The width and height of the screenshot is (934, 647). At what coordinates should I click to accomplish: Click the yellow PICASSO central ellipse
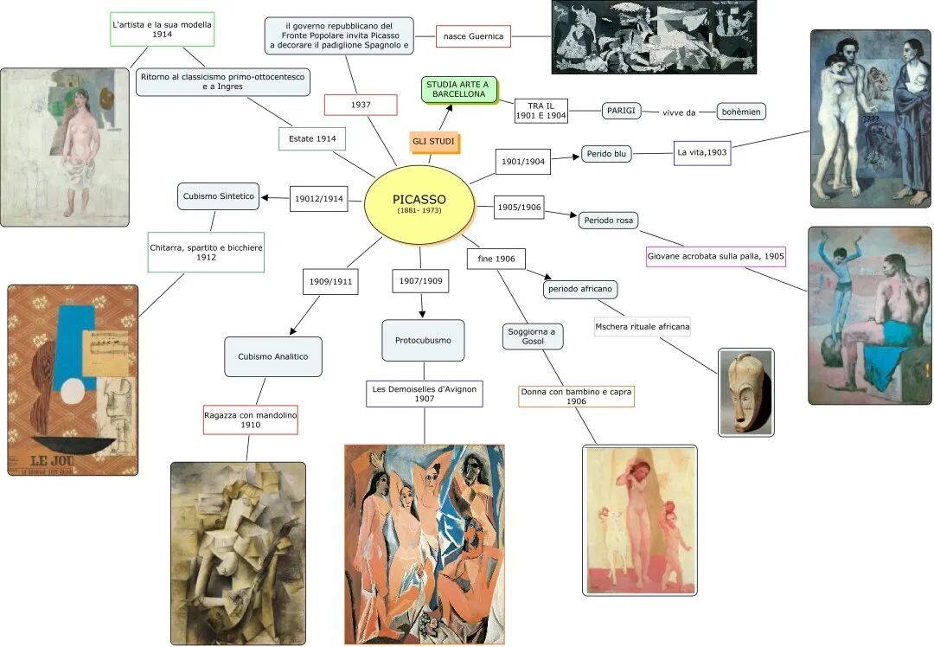pyautogui.click(x=419, y=205)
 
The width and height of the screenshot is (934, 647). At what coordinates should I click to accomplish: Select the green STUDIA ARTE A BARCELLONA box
pyautogui.click(x=459, y=89)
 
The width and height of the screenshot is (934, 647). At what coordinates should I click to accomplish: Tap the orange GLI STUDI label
pyautogui.click(x=433, y=141)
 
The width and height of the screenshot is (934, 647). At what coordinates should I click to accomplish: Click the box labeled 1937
pyautogui.click(x=361, y=105)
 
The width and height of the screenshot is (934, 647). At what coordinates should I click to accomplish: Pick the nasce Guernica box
pyautogui.click(x=473, y=36)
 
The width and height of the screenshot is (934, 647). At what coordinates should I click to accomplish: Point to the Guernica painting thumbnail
pyautogui.click(x=654, y=36)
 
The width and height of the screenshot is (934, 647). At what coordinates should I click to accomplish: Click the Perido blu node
pyautogui.click(x=606, y=154)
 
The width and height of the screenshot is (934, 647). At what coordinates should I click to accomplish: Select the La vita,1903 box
pyautogui.click(x=702, y=153)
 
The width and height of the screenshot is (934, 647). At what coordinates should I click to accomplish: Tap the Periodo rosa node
pyautogui.click(x=609, y=220)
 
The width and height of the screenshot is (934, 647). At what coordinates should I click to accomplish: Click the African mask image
pyautogui.click(x=745, y=392)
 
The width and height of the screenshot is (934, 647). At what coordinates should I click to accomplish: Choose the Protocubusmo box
pyautogui.click(x=423, y=340)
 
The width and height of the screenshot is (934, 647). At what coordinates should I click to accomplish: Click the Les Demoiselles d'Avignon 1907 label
pyautogui.click(x=424, y=394)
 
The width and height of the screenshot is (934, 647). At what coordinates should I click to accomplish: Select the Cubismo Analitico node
pyautogui.click(x=273, y=356)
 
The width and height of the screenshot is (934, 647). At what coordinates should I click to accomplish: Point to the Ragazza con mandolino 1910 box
pyautogui.click(x=251, y=420)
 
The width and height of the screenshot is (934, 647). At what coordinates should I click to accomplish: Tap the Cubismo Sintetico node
pyautogui.click(x=219, y=196)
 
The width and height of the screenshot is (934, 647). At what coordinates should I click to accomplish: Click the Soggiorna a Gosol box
pyautogui.click(x=533, y=336)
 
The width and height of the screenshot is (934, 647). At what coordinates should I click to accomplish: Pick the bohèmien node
pyautogui.click(x=741, y=112)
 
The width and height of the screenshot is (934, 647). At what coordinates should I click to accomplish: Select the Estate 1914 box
pyautogui.click(x=312, y=138)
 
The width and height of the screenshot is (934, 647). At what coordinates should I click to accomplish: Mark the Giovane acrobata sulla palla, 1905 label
pyautogui.click(x=716, y=256)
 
